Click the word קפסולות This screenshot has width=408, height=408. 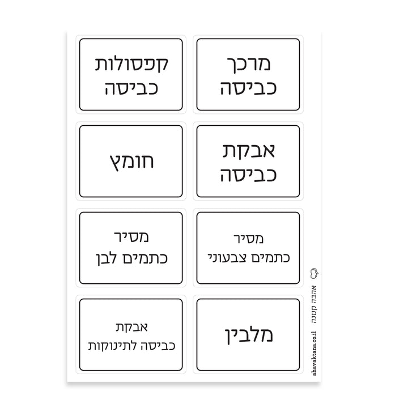[131, 64]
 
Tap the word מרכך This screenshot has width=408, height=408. [249, 64]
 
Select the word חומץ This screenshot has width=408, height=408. [131, 162]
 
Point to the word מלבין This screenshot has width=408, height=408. [249, 335]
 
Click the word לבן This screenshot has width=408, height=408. [106, 259]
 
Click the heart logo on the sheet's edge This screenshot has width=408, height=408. [314, 274]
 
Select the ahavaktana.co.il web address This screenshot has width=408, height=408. [314, 354]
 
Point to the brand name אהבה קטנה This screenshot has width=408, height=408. [314, 304]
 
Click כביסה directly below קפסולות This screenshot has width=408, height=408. [131, 88]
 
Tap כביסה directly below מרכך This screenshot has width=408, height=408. [249, 88]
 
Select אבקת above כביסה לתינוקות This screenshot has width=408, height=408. [131, 327]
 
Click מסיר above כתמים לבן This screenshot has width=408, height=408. [131, 236]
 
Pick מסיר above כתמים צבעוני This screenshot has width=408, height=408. [249, 239]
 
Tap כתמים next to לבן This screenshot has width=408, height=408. [145, 258]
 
